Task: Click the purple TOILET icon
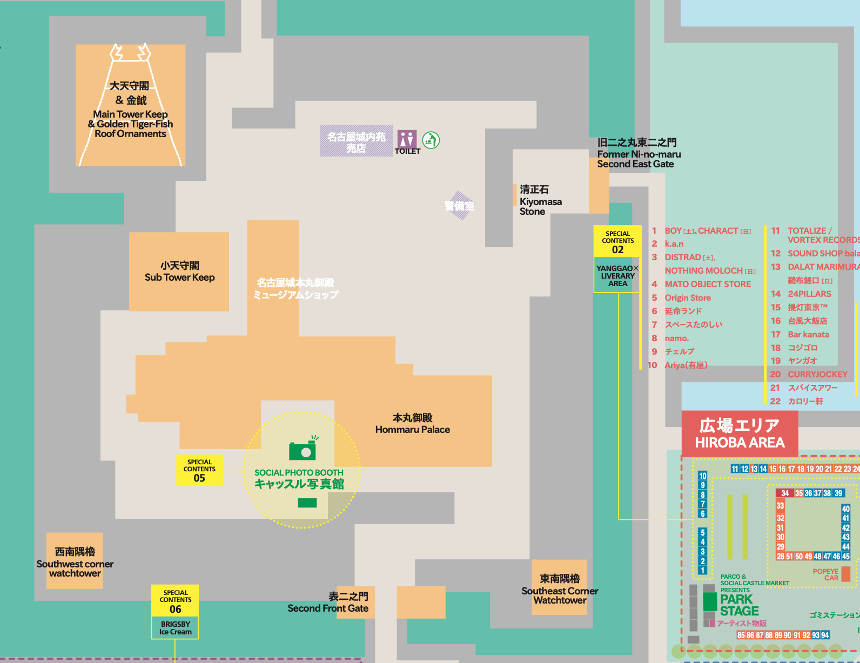click(x=407, y=139)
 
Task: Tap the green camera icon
click(x=303, y=450)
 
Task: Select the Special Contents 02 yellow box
click(x=617, y=241)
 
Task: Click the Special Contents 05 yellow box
click(x=199, y=470)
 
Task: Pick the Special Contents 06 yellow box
click(x=175, y=600)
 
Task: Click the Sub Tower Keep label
click(x=179, y=272)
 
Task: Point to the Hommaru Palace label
click(x=412, y=424)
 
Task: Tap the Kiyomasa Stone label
click(x=540, y=201)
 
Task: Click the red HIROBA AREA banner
click(x=739, y=434)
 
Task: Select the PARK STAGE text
click(x=739, y=605)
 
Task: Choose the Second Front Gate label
click(x=328, y=603)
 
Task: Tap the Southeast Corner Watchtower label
click(x=560, y=589)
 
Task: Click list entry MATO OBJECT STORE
click(x=707, y=284)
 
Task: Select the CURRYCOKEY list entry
click(x=817, y=374)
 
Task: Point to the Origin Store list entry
click(x=687, y=297)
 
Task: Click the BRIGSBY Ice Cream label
click(x=175, y=628)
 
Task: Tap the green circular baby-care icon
click(x=431, y=140)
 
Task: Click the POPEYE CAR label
click(x=825, y=574)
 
